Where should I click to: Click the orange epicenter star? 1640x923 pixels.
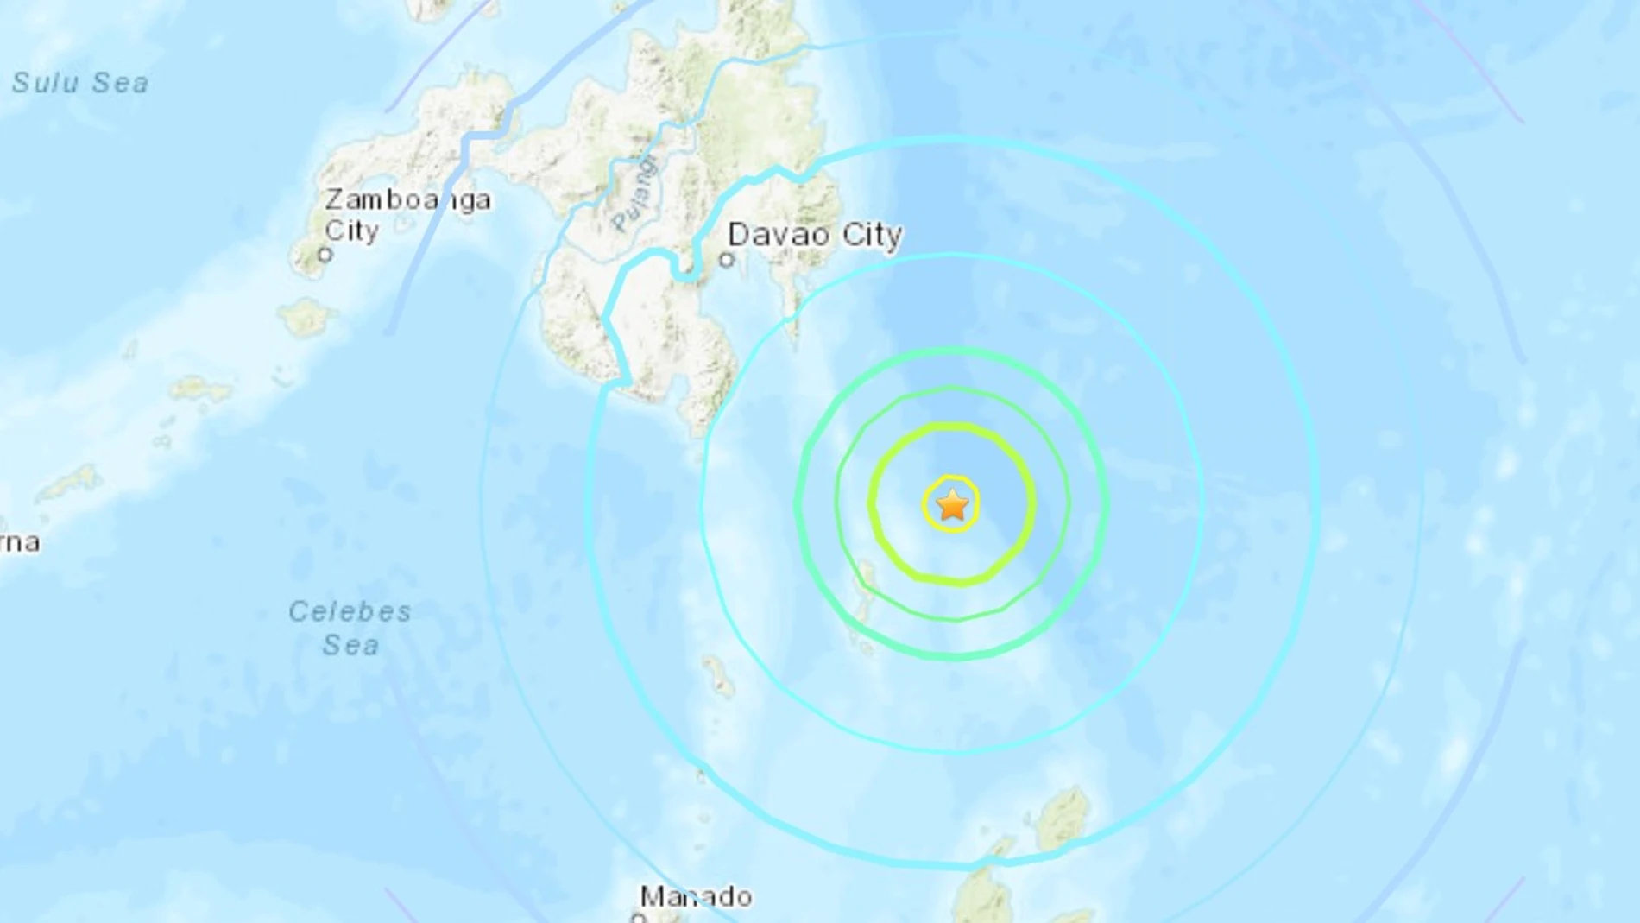click(x=952, y=505)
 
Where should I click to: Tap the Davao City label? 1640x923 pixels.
click(x=815, y=234)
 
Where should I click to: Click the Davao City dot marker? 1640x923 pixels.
click(x=727, y=259)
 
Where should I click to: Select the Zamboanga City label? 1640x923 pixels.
click(x=407, y=215)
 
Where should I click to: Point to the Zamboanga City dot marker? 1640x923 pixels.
click(x=325, y=255)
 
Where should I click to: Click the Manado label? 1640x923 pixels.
click(x=696, y=896)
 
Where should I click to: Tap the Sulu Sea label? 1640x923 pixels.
click(x=80, y=83)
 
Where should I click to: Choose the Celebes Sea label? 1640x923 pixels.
click(x=350, y=628)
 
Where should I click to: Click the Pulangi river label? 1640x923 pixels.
click(x=634, y=194)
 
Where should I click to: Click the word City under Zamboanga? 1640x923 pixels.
click(x=351, y=231)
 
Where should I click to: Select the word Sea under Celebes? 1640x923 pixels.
click(x=350, y=645)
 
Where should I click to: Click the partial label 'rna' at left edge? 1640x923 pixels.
click(x=19, y=543)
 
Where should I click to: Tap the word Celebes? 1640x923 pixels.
click(x=350, y=611)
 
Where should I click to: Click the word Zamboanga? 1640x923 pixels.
click(x=407, y=199)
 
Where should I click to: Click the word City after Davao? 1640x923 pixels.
click(x=872, y=234)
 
